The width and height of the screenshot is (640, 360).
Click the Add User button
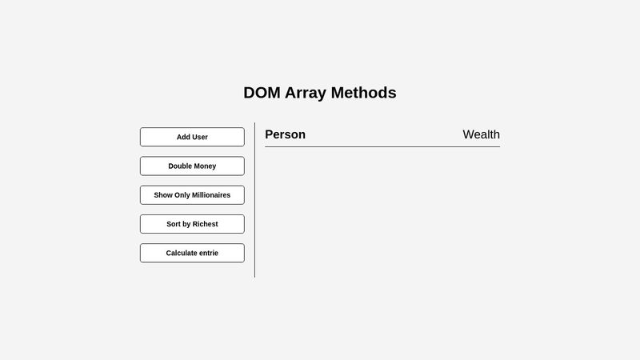192,137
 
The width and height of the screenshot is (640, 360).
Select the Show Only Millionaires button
192,195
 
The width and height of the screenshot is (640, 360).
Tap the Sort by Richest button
192,224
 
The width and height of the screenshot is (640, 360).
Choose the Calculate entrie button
192,253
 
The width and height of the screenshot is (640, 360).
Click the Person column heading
285,134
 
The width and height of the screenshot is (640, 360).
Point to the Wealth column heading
481,134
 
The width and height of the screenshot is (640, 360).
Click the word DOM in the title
262,93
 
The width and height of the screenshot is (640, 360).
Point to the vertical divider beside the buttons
255,200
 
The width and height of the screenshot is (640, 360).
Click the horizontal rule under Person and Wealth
382,146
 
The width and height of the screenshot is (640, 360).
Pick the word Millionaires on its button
210,195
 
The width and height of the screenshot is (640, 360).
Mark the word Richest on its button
205,224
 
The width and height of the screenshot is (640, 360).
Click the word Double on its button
180,166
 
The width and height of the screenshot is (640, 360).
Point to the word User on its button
200,137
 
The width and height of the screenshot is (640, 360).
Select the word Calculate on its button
183,253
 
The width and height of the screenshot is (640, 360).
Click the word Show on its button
162,195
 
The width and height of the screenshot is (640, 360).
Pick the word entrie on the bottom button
208,253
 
